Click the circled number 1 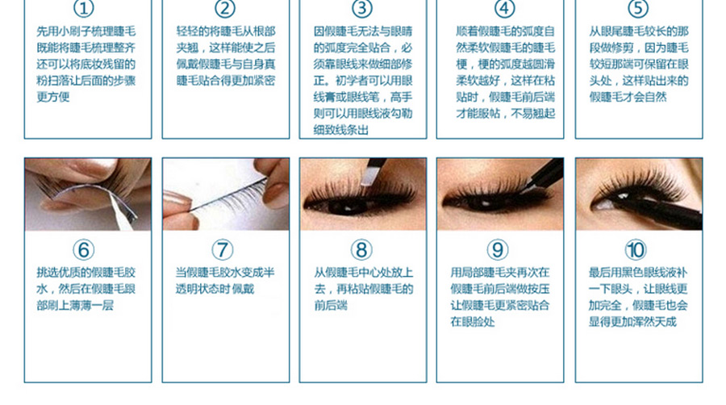tap(83, 8)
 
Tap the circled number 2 tap(225, 8)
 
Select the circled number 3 tap(362, 8)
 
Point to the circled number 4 tap(504, 8)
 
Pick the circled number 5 tap(638, 8)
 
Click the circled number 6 tap(83, 250)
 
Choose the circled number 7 tap(223, 250)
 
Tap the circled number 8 tap(361, 250)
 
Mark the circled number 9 tap(497, 250)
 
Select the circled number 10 tap(636, 250)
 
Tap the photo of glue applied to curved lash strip tap(88, 194)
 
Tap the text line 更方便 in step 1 tap(53, 97)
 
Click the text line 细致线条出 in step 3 tap(340, 130)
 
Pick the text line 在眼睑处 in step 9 tap(473, 322)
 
